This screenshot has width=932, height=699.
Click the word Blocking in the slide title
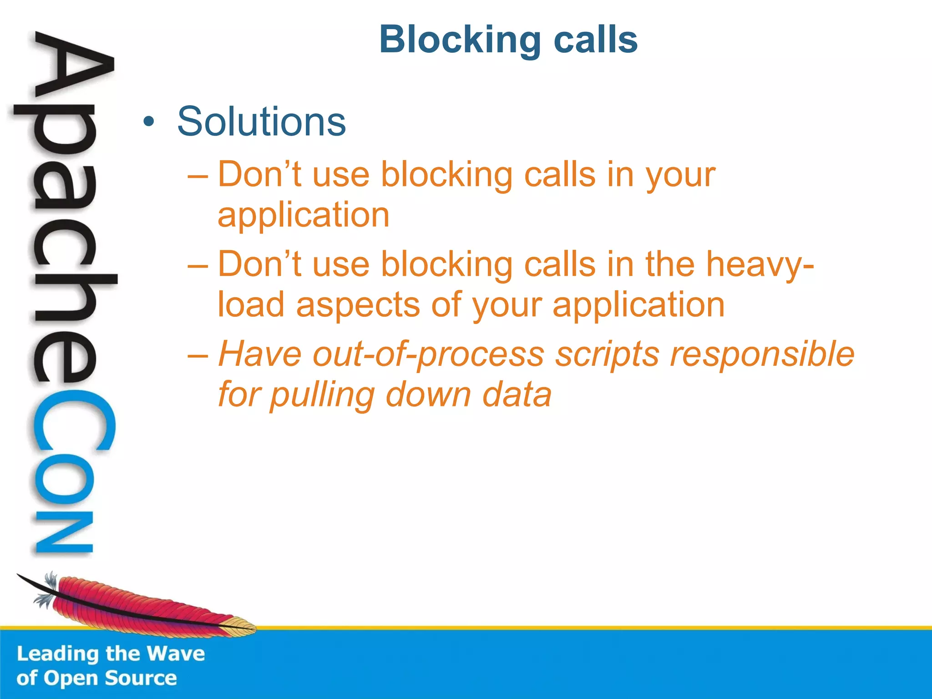click(460, 40)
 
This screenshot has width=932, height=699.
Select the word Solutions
click(261, 122)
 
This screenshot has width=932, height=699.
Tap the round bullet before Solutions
click(148, 122)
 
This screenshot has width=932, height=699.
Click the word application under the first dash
click(304, 215)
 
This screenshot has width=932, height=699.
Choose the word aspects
click(358, 305)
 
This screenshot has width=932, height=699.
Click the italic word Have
click(260, 354)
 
